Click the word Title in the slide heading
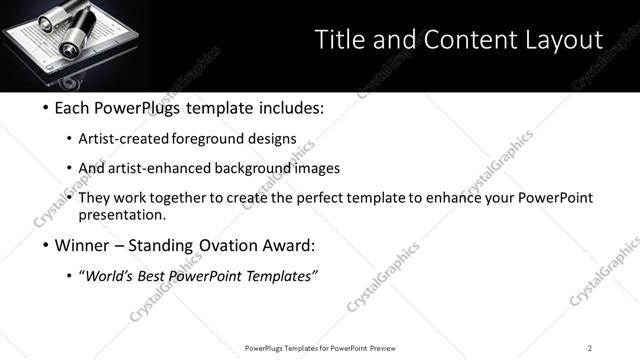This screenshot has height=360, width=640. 338,39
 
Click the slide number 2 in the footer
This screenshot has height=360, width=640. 590,347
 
